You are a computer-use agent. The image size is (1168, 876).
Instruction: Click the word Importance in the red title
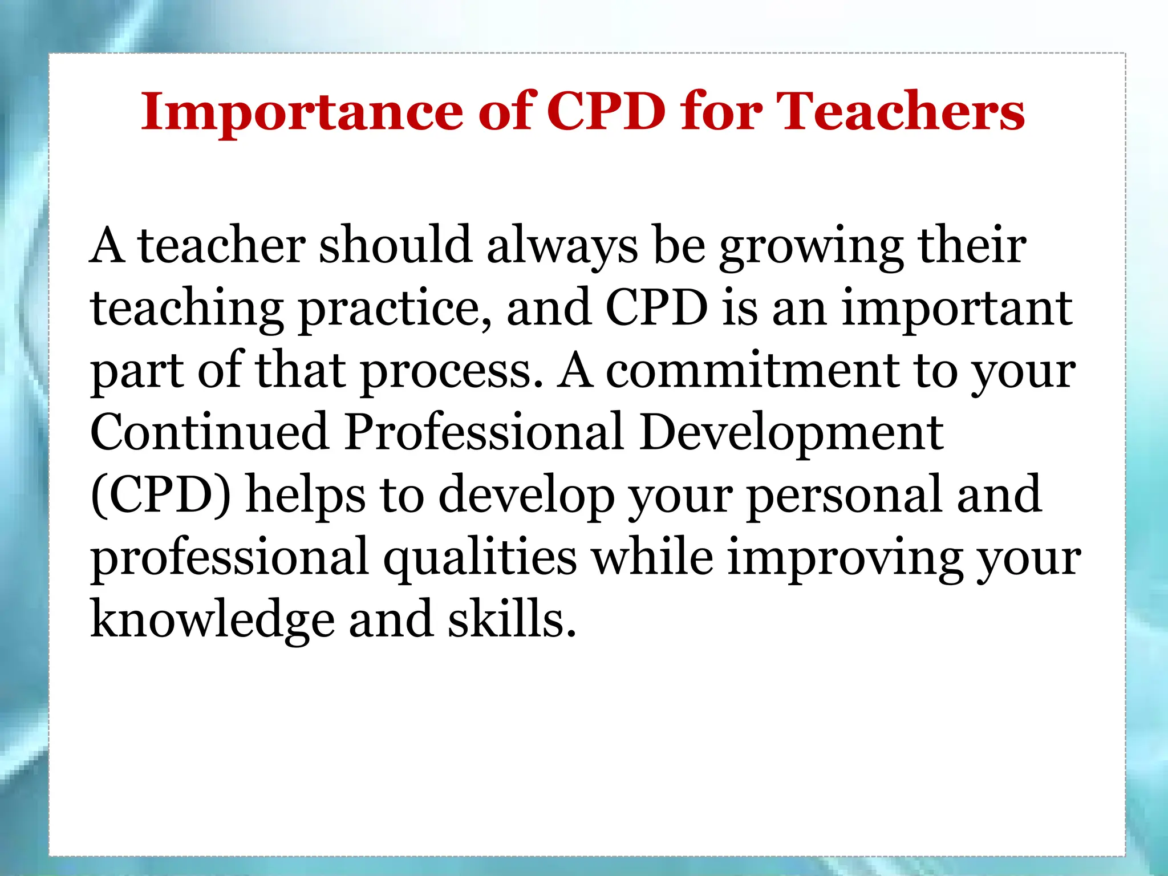[302, 112]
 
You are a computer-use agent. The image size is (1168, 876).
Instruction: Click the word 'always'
[562, 247]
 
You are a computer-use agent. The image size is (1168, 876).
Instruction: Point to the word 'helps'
[305, 494]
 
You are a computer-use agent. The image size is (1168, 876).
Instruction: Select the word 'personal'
[843, 496]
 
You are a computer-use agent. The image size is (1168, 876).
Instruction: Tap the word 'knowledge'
[213, 620]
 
